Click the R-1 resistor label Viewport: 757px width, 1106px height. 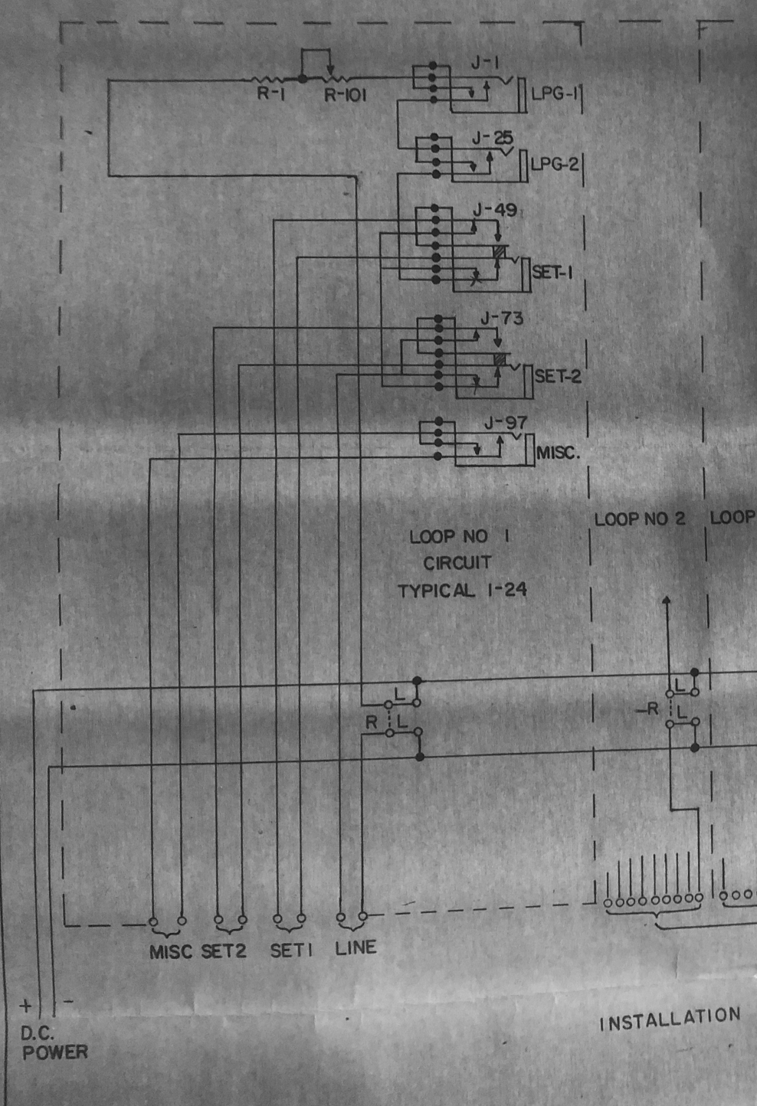point(270,96)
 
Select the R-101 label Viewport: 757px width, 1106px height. point(345,96)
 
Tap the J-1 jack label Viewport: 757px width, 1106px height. point(484,64)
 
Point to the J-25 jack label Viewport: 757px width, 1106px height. point(492,139)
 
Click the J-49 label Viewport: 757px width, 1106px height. point(494,210)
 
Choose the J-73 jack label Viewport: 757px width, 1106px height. point(502,318)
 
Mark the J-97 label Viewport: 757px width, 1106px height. point(506,423)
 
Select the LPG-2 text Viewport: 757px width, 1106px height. point(554,164)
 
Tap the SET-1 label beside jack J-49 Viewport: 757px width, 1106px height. point(552,272)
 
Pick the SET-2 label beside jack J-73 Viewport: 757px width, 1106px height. point(558,376)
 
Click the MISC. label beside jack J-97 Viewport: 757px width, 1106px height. point(558,452)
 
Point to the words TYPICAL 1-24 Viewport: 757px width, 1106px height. point(462,591)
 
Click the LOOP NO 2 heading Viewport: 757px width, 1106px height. point(640,519)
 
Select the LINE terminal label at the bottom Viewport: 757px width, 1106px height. point(356,948)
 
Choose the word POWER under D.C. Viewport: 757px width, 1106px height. point(54,1052)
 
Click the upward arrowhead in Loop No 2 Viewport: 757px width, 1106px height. point(667,602)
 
